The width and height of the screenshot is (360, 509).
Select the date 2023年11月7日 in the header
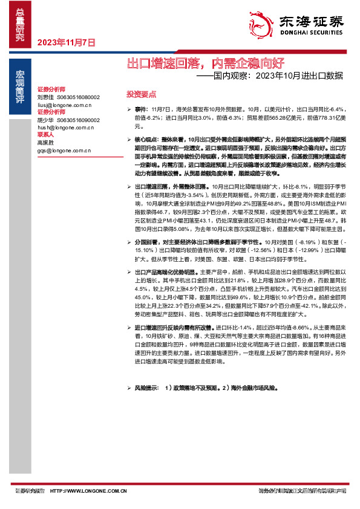[x=67, y=43]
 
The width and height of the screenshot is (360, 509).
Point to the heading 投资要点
[x=140, y=94]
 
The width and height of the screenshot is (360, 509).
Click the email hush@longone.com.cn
[x=65, y=128]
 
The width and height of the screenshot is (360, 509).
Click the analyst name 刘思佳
[x=45, y=97]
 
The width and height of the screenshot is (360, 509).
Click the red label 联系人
[x=45, y=135]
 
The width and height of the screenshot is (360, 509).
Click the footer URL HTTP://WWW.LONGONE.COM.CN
[x=88, y=491]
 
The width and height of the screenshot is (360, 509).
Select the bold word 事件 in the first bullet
[x=141, y=107]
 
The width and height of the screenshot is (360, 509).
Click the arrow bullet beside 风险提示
[x=128, y=387]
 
